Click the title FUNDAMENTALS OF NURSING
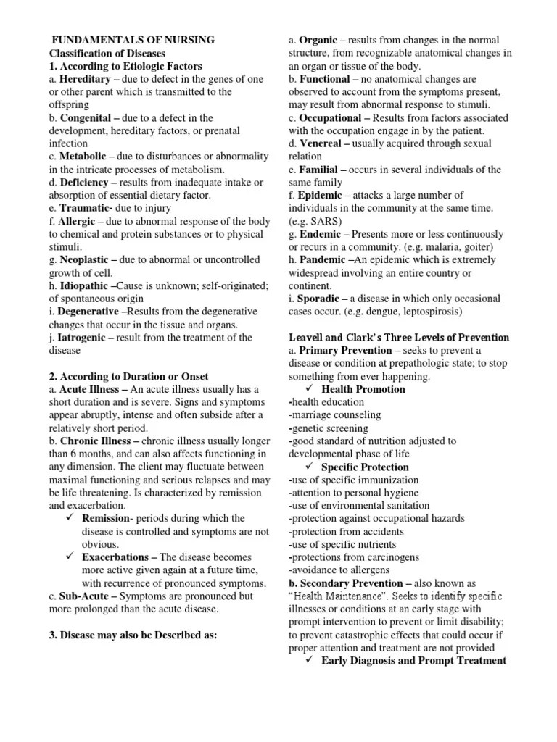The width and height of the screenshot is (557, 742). point(133,40)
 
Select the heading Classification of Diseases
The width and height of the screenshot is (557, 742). point(107,53)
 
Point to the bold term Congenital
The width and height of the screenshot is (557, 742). point(86,118)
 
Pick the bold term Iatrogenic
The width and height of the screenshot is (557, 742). point(83,338)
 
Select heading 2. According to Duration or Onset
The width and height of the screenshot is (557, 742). point(128,377)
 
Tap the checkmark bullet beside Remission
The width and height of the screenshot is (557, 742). point(70,519)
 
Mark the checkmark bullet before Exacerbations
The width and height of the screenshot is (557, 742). point(70,557)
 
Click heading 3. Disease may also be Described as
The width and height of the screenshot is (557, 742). point(133,635)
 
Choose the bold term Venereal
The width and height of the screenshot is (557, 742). point(322,143)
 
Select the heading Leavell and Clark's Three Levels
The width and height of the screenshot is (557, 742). point(399,338)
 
